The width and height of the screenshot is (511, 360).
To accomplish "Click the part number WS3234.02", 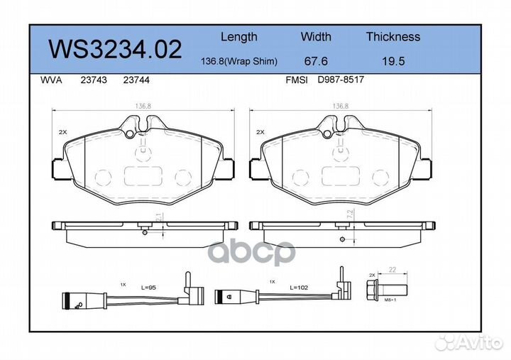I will coord(114,49).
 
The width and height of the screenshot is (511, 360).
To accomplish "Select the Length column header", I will coord(238,37).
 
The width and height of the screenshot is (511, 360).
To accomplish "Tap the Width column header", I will coord(316,37).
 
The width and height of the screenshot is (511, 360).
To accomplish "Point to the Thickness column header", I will coord(392,37).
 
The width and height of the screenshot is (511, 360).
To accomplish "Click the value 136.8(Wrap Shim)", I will coord(238,62).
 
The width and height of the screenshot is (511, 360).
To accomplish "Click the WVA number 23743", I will coord(95,81).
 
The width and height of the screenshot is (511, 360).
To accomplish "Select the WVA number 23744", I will coord(136,81).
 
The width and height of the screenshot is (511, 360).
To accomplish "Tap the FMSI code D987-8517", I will coord(341,81).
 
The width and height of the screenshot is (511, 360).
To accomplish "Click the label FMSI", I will coord(296,81).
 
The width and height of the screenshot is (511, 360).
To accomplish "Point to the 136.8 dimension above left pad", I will coord(142,107).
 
